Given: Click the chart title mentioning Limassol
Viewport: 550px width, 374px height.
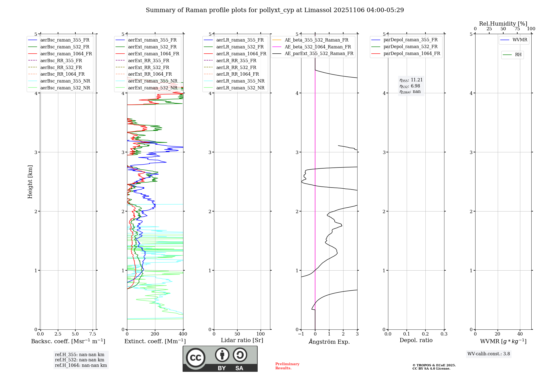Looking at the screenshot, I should pyautogui.click(x=275, y=10).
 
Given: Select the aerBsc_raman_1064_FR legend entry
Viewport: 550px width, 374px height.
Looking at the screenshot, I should pyautogui.click(x=66, y=54).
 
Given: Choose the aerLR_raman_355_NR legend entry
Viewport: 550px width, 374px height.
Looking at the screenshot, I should pyautogui.click(x=240, y=81).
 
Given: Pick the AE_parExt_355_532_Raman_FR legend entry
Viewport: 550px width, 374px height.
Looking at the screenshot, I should pyautogui.click(x=319, y=54).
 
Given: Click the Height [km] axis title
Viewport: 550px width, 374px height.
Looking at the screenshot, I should pyautogui.click(x=30, y=182).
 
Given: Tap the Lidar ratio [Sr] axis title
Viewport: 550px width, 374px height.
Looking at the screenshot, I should pyautogui.click(x=242, y=340).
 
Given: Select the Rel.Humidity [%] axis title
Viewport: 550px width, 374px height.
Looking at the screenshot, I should pyautogui.click(x=503, y=24).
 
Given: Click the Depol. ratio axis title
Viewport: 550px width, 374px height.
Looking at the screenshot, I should pyautogui.click(x=416, y=340).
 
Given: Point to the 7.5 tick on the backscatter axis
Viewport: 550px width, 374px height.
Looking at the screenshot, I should pyautogui.click(x=93, y=334).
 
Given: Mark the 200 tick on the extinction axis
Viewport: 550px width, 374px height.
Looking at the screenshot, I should pyautogui.click(x=155, y=334).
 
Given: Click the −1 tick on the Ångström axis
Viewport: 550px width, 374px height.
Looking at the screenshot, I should pyautogui.click(x=301, y=334).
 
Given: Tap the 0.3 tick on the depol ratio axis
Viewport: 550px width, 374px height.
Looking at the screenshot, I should pyautogui.click(x=444, y=334).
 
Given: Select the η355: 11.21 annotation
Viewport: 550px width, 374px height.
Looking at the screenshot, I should pyautogui.click(x=411, y=80).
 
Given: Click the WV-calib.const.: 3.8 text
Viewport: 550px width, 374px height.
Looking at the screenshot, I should pyautogui.click(x=489, y=354).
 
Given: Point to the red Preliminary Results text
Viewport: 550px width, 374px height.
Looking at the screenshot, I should pyautogui.click(x=287, y=366).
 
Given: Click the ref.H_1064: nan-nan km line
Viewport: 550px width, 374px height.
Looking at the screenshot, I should pyautogui.click(x=81, y=365).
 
